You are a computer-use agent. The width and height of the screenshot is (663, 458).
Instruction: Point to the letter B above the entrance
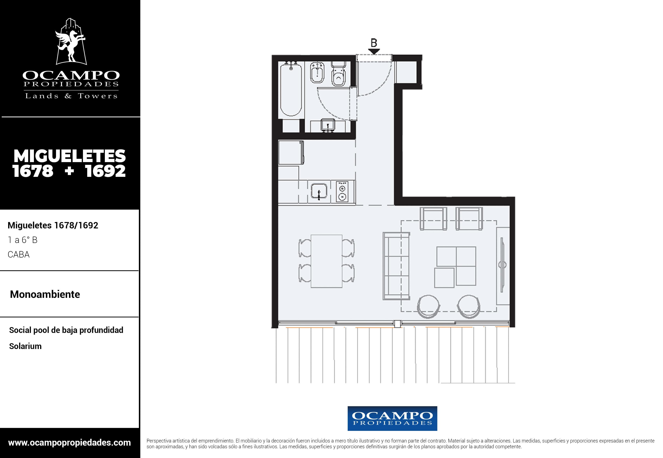374,43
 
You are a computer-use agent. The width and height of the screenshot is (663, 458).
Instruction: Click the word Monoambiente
45,294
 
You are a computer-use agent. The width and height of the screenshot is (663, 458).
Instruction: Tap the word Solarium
25,346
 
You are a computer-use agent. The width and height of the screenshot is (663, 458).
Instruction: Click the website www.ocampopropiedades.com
69,443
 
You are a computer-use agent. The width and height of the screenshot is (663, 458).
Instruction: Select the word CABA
19,255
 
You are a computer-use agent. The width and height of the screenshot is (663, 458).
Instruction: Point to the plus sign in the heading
69,171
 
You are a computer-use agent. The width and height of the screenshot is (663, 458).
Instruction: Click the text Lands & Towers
71,96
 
